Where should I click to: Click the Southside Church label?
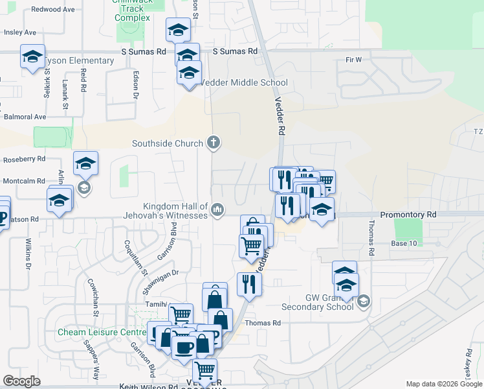click(168, 143)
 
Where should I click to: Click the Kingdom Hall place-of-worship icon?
click(218, 209)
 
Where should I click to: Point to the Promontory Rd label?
click(408, 214)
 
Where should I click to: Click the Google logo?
click(21, 381)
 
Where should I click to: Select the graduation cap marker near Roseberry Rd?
click(85, 164)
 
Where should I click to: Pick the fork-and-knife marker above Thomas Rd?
click(248, 283)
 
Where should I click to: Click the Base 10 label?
click(404, 243)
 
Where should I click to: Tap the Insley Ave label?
click(20, 32)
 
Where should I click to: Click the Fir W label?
click(353, 60)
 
